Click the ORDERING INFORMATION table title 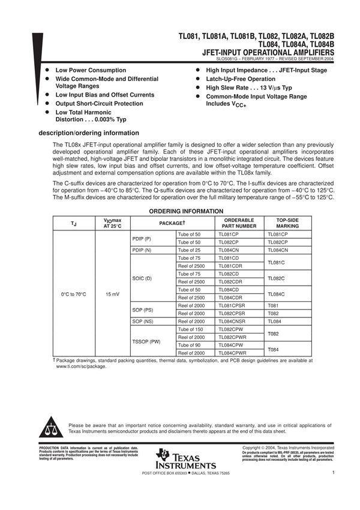point(186,211)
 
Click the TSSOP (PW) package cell point(146,341)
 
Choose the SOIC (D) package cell point(142,278)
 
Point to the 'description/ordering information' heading point(89,133)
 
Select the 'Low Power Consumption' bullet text point(90,70)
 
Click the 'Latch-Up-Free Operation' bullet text point(241,79)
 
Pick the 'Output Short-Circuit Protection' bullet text point(99,103)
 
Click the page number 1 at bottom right point(332,473)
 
